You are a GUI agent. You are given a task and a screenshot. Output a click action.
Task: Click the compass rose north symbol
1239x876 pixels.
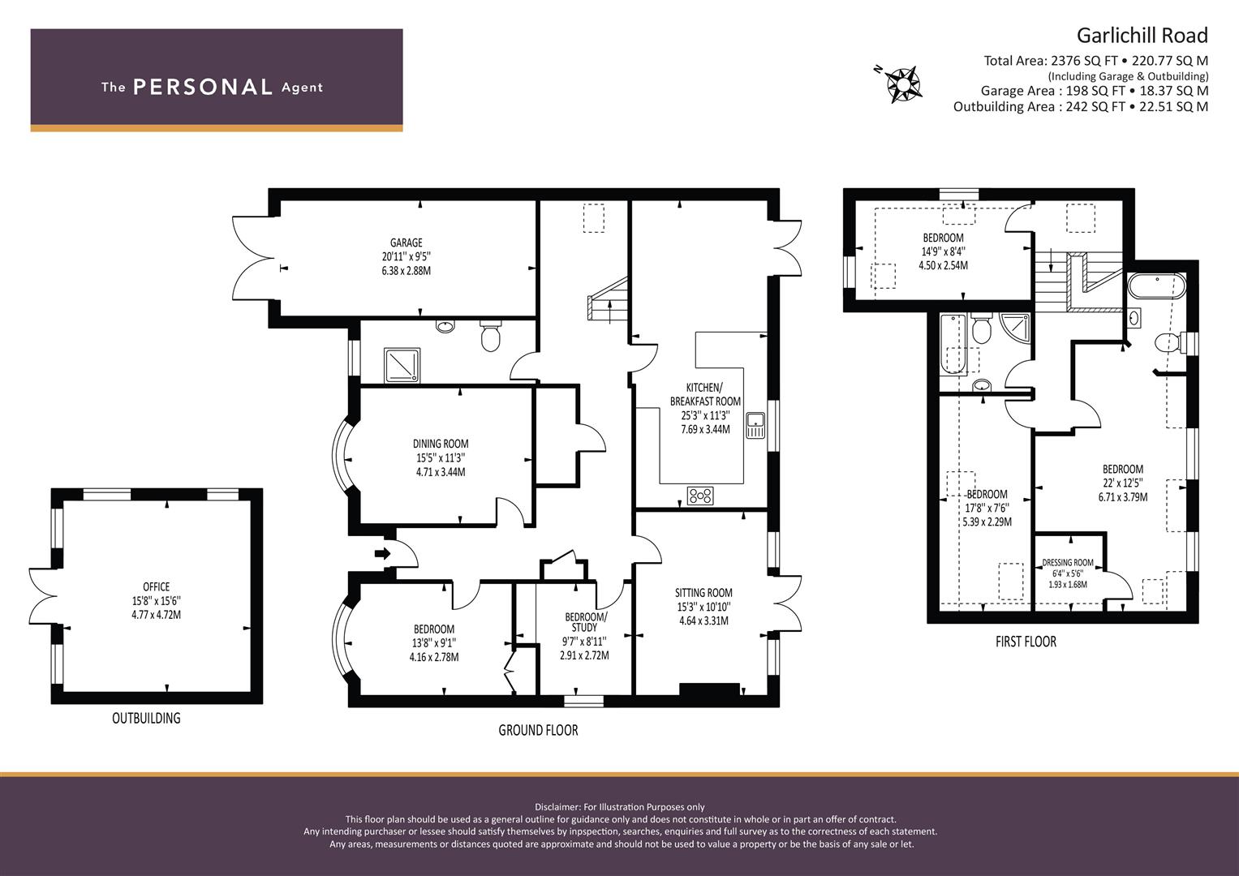903,84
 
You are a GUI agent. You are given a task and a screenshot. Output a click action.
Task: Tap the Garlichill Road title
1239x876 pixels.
1142,36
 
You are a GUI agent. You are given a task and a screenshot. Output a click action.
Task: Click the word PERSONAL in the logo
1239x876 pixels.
203,87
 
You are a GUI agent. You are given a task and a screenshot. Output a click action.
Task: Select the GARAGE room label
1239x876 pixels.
406,243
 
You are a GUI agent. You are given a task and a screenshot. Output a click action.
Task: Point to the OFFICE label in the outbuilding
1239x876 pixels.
156,586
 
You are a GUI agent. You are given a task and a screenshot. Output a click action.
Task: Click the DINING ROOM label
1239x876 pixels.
441,444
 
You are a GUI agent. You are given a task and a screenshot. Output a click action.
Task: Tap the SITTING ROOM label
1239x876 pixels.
703,593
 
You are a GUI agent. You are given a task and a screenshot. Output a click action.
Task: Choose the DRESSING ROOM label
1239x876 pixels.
1068,562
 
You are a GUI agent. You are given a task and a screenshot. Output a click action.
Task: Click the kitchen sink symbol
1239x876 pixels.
755,425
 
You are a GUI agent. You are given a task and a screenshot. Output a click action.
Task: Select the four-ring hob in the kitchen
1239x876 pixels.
700,496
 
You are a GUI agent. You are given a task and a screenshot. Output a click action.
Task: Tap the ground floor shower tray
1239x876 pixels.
402,365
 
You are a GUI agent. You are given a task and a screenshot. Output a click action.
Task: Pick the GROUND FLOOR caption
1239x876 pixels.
538,730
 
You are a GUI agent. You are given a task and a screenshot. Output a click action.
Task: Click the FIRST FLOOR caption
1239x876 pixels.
1026,642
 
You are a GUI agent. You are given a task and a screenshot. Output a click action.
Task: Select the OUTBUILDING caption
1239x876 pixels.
146,718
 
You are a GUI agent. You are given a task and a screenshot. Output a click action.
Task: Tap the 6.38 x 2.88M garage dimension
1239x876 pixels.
406,271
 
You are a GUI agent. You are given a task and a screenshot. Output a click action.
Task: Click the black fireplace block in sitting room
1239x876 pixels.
709,689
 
